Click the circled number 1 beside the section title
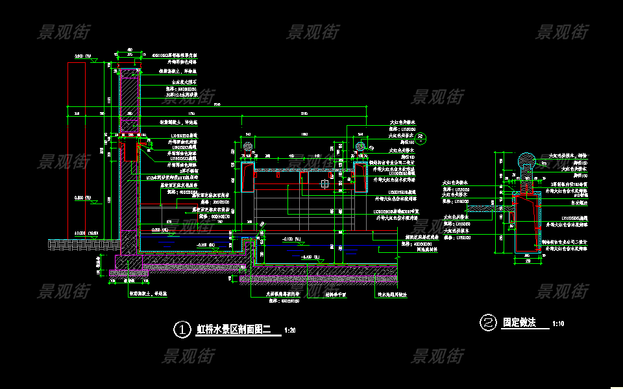pyautogui.click(x=180, y=329)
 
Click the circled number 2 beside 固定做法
pyautogui.click(x=487, y=322)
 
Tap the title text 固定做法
pyautogui.click(x=519, y=322)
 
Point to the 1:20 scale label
pyautogui.click(x=290, y=331)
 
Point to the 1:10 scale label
pyautogui.click(x=558, y=324)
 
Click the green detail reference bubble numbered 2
pyautogui.click(x=422, y=137)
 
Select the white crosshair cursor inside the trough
pyautogui.click(x=324, y=184)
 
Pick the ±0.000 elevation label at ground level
pyautogui.click(x=80, y=233)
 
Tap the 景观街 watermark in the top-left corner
pyautogui.click(x=63, y=31)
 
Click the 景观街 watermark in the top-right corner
pyautogui.click(x=562, y=31)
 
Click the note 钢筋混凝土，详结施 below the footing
pyautogui.click(x=134, y=292)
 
